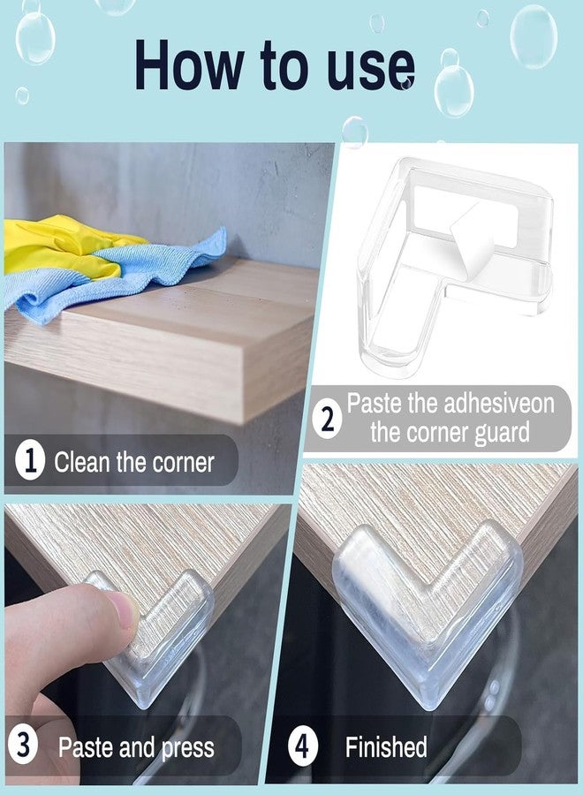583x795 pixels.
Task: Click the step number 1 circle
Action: pos(31,462)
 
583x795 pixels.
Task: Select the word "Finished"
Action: pos(386,747)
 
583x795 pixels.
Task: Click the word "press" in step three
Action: pos(187,748)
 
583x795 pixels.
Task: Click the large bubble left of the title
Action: pos(35,38)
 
